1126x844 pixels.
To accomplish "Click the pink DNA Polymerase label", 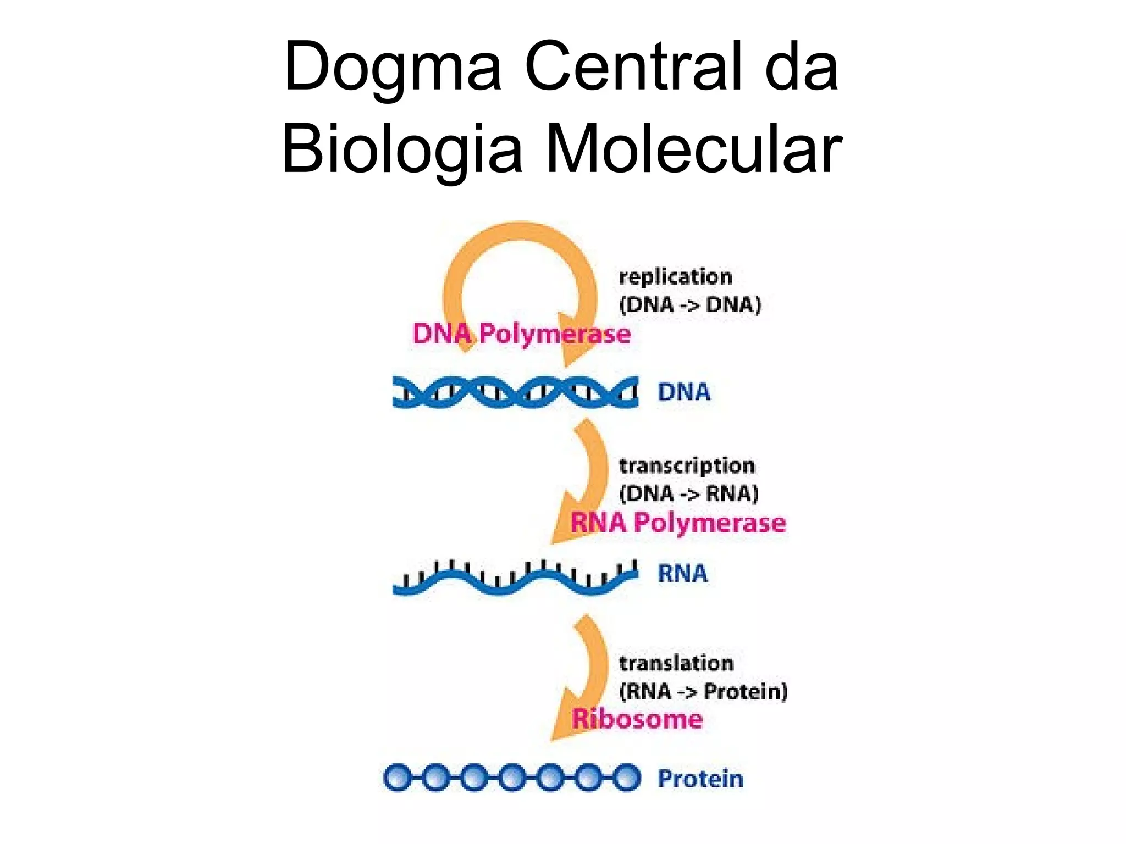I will coord(521,334).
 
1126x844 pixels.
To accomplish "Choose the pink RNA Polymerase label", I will coord(677,522).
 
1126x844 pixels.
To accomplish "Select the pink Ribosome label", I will coord(637,719).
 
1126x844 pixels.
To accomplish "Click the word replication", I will coord(676,277).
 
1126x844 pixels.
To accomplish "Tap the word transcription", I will coord(687,466).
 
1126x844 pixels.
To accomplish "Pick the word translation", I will coord(676,663).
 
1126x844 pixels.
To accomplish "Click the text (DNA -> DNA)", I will coord(690,304).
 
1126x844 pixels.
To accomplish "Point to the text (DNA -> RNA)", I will coord(688,493).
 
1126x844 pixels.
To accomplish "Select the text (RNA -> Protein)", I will coord(703,691).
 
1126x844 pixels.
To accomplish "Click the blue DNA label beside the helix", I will coord(683,392).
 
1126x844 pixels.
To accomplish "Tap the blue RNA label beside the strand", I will coord(682,574).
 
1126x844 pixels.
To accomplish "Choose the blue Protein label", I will coord(700,779).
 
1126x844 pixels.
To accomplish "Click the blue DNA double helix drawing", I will coord(515,392).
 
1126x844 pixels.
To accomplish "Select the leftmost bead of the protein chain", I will coord(396,778).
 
